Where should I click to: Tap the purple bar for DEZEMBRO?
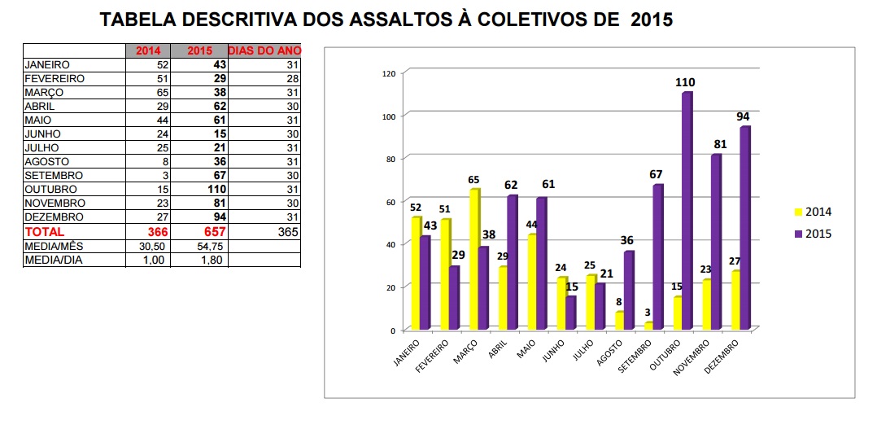click(744, 228)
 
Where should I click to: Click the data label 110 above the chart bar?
click(684, 82)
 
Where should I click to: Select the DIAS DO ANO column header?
click(264, 50)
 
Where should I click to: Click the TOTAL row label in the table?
click(45, 231)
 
